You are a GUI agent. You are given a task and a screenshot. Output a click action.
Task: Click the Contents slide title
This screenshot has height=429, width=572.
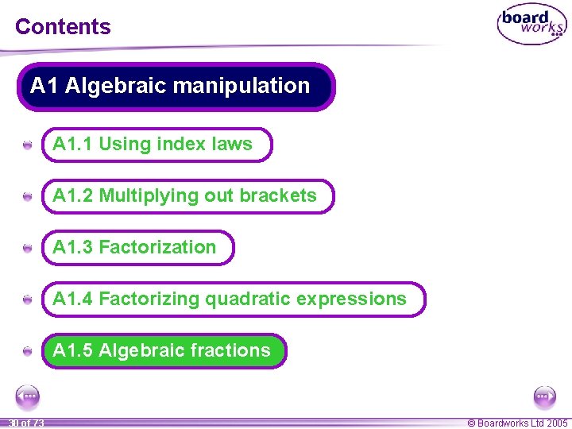point(63,26)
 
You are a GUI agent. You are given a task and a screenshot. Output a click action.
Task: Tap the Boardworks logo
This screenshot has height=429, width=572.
point(531,25)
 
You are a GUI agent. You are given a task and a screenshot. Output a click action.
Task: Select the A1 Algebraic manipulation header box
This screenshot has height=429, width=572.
point(176,87)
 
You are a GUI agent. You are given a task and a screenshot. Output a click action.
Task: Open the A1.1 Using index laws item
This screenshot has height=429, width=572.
point(156,145)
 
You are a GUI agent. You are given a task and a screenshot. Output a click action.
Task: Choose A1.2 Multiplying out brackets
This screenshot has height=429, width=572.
point(187,196)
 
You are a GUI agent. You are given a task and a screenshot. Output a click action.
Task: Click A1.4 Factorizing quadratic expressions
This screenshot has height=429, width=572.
point(233,300)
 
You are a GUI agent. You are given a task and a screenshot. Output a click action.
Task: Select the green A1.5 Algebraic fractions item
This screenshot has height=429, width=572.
point(164,350)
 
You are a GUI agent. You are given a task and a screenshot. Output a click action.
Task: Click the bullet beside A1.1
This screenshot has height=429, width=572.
point(28,145)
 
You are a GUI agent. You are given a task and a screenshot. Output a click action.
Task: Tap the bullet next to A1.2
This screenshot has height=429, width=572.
point(28,197)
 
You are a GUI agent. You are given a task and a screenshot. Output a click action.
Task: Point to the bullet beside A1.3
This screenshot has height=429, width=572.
point(28,249)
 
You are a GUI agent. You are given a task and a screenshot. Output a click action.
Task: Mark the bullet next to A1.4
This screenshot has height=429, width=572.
point(28,300)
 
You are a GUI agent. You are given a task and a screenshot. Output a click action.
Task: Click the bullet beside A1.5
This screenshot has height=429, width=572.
point(28,351)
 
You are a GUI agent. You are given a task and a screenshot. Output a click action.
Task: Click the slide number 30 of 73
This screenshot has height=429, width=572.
point(26,423)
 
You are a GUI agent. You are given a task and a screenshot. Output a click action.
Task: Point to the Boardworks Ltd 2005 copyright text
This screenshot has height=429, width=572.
point(517,423)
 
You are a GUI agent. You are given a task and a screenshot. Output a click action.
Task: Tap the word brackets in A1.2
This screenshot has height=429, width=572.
point(278,196)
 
